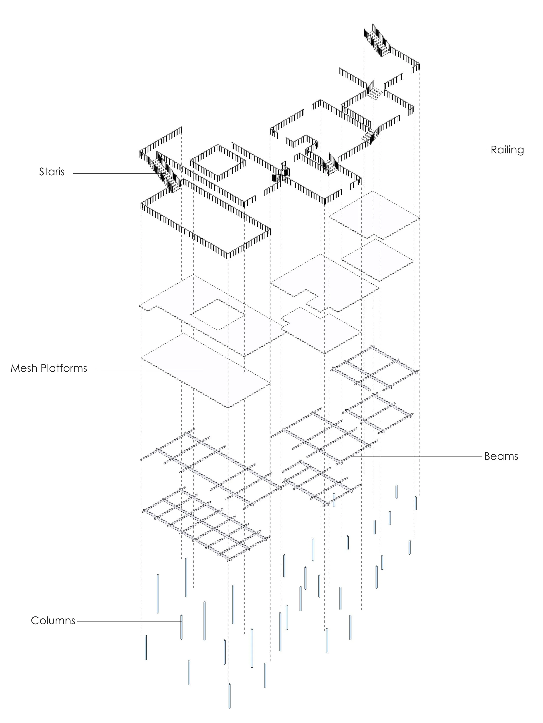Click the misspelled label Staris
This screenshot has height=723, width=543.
52,172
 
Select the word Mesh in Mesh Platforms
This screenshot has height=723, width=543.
23,368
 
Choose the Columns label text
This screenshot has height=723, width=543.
53,621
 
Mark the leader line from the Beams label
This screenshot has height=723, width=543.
418,456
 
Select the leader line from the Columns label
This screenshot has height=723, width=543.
129,621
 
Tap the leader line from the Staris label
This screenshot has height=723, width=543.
114,173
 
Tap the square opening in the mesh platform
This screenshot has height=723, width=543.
218,314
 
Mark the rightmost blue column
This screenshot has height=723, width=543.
416,503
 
